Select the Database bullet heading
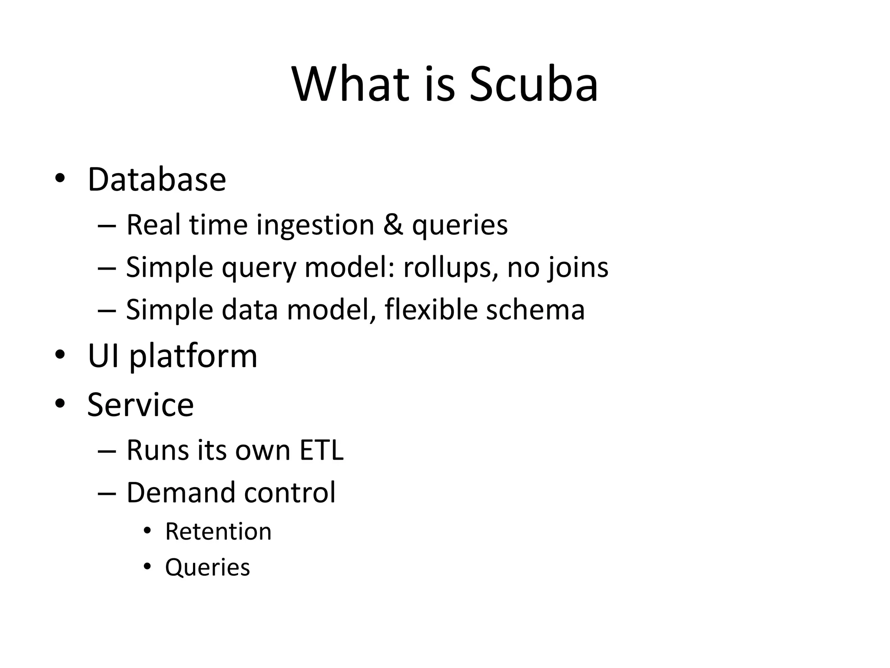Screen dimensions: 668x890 point(157,179)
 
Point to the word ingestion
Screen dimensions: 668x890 point(315,225)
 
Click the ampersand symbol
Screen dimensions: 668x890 point(393,225)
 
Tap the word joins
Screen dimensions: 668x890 point(578,267)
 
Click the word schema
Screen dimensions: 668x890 point(535,310)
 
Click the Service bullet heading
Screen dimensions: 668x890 point(140,404)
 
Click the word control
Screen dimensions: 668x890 point(290,492)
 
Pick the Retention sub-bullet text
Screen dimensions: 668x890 point(218,531)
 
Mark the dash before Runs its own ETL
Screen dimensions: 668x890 point(107,451)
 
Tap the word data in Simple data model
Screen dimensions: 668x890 point(249,310)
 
